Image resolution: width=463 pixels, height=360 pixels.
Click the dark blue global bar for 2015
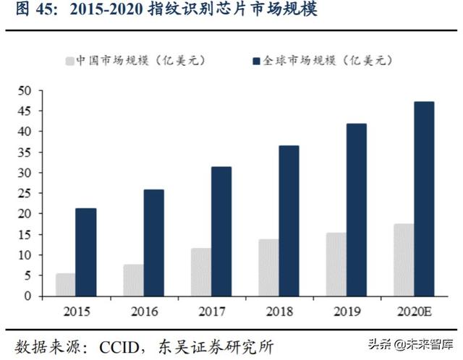point(85,252)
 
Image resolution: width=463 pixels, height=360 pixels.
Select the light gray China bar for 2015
point(65,284)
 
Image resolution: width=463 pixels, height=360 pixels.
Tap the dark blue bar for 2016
point(153,242)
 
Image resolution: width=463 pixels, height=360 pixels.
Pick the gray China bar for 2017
point(200,272)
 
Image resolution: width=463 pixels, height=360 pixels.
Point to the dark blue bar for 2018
point(288,220)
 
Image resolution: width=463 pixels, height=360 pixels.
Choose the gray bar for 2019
point(336,264)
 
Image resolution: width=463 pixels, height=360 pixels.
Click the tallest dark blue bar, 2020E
point(423,198)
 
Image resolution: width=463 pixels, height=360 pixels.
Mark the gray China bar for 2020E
point(404,260)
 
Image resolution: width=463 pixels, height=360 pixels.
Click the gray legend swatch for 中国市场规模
point(71,61)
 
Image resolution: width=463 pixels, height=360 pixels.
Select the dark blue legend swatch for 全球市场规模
point(256,61)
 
